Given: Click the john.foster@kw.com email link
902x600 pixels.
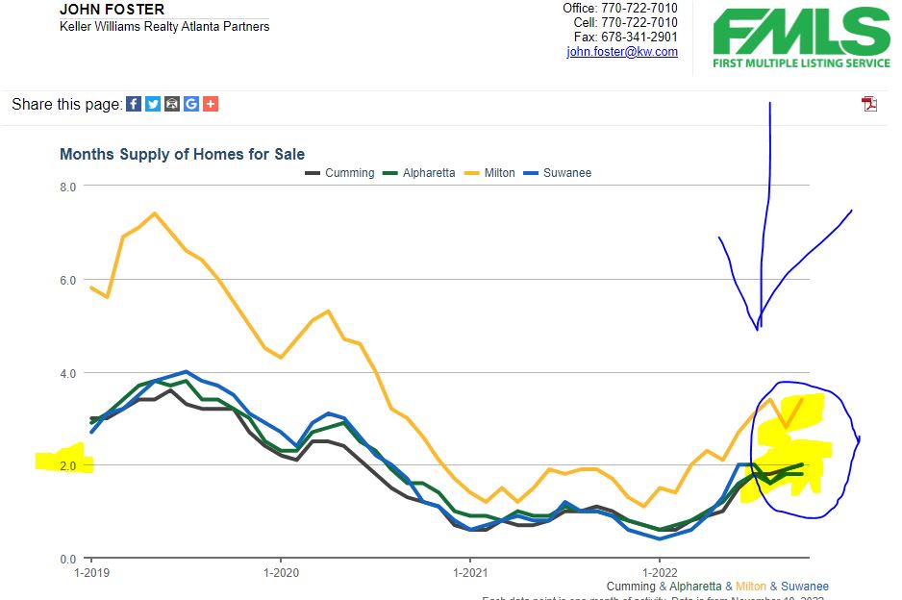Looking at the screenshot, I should click(x=622, y=52).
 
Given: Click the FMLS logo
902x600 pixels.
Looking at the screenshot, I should click(x=801, y=37).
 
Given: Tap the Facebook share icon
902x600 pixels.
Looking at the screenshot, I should click(x=134, y=104).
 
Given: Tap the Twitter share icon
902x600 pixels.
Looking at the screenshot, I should click(x=153, y=104).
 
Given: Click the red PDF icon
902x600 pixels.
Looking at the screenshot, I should click(x=869, y=104).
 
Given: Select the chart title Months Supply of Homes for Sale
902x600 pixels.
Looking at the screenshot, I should click(x=182, y=154).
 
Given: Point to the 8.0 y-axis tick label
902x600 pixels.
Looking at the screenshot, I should click(x=67, y=187).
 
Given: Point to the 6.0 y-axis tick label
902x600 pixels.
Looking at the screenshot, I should click(x=67, y=280).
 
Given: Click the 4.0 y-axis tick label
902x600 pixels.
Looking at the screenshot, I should click(x=67, y=373).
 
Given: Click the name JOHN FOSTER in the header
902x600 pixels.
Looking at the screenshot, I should click(x=112, y=10).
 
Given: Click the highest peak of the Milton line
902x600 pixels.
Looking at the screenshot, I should click(x=154, y=212).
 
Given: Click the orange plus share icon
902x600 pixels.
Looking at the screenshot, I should click(x=211, y=104).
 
